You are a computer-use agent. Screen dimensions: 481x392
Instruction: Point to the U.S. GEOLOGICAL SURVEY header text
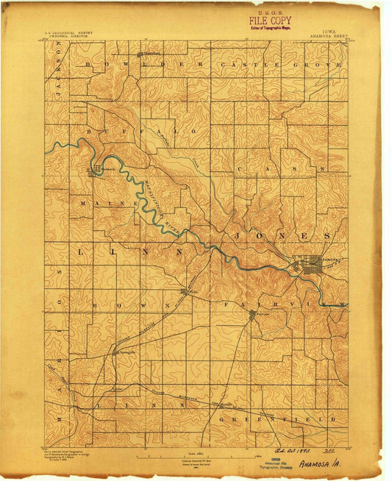pos(71,32)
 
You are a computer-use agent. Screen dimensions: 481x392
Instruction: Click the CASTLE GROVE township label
pos(299,65)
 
